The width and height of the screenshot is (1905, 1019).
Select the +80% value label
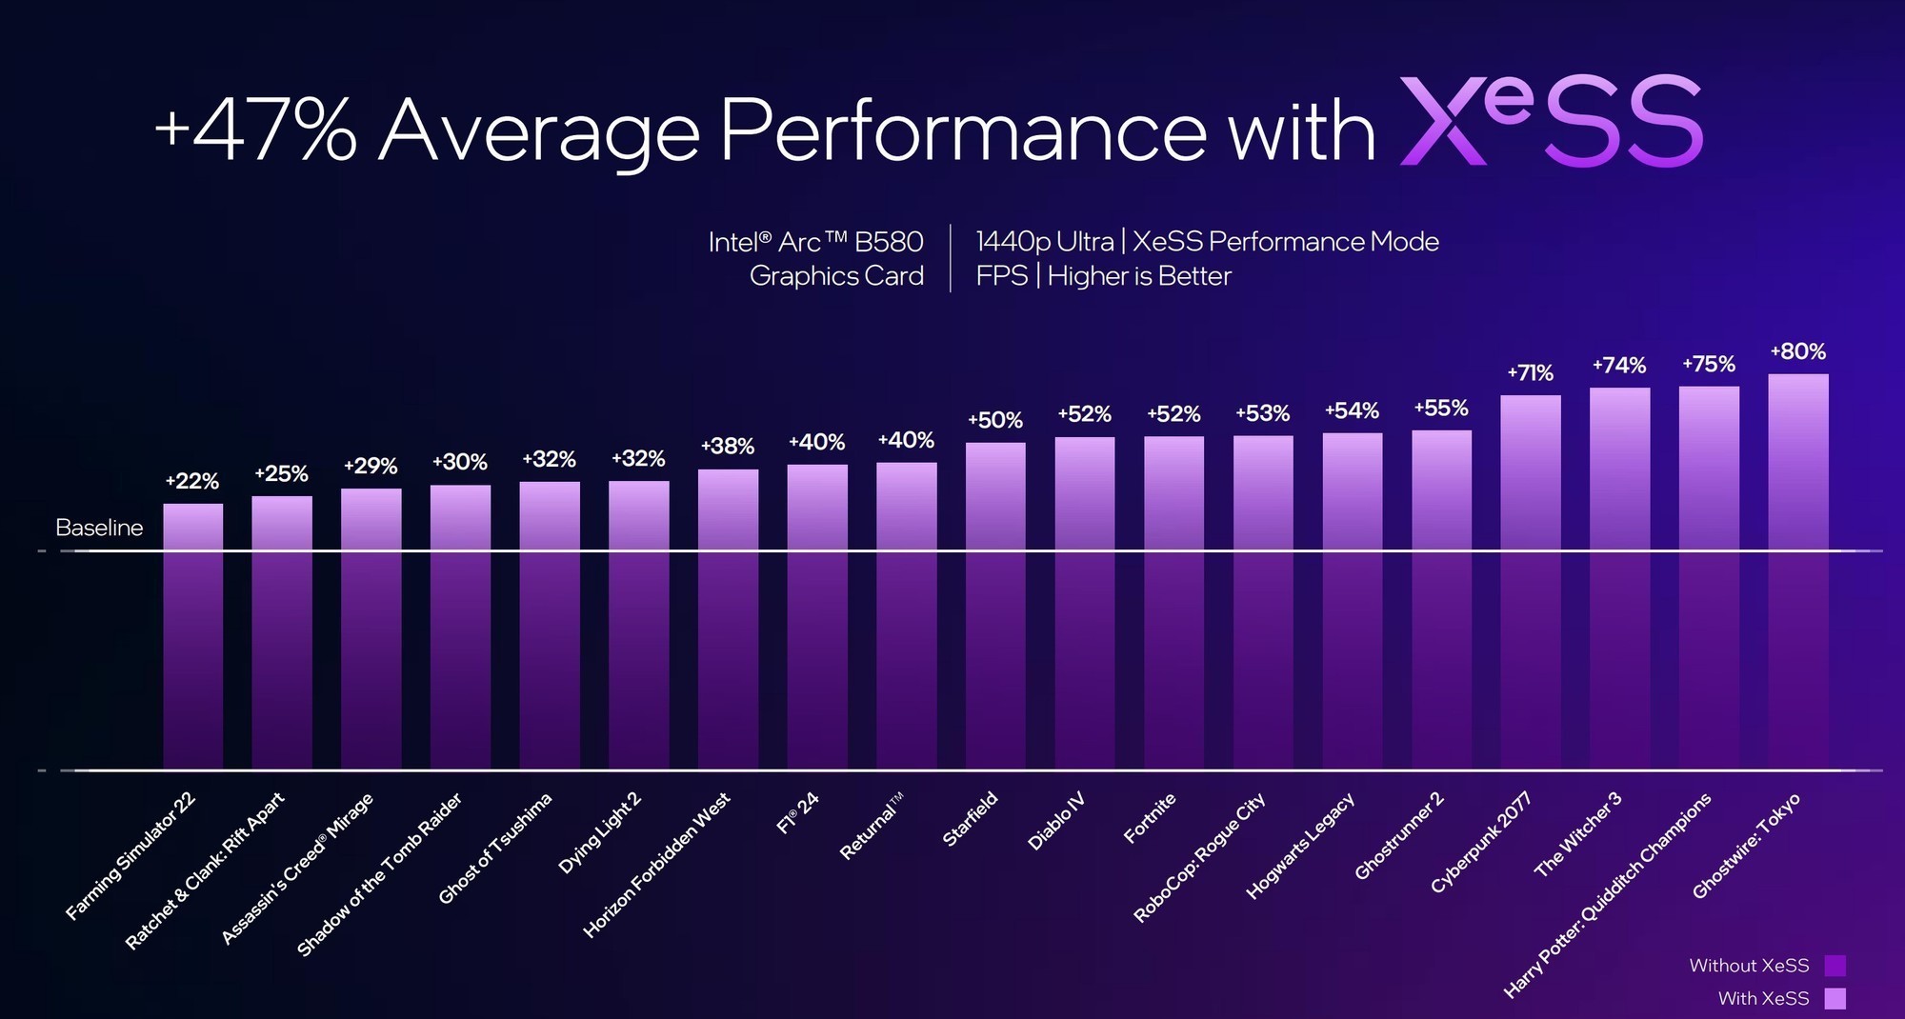pyautogui.click(x=1797, y=351)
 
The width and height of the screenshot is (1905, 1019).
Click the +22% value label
pyautogui.click(x=192, y=481)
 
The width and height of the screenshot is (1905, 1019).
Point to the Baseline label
pyautogui.click(x=99, y=528)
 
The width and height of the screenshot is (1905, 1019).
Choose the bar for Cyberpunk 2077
pyautogui.click(x=1530, y=581)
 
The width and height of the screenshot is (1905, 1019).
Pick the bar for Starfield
pyautogui.click(x=995, y=605)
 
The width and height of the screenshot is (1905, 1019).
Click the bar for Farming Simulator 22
pyautogui.click(x=192, y=636)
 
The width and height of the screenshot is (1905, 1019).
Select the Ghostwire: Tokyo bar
pyautogui.click(x=1798, y=571)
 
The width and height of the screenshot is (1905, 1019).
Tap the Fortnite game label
pyautogui.click(x=1150, y=818)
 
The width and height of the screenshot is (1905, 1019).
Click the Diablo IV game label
pyautogui.click(x=1056, y=821)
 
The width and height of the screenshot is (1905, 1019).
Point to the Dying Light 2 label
pyautogui.click(x=600, y=832)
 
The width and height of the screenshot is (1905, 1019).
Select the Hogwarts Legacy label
pyautogui.click(x=1300, y=846)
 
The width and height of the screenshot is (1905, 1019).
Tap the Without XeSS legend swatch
pyautogui.click(x=1835, y=966)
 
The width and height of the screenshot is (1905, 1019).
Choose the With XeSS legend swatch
pyautogui.click(x=1835, y=998)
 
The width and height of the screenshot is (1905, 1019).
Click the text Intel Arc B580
pyautogui.click(x=815, y=242)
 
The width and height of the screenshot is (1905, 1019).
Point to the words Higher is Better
pyautogui.click(x=1139, y=276)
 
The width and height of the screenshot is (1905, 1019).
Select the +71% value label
pyautogui.click(x=1530, y=372)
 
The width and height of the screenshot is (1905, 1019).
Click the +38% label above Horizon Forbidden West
pyautogui.click(x=728, y=446)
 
